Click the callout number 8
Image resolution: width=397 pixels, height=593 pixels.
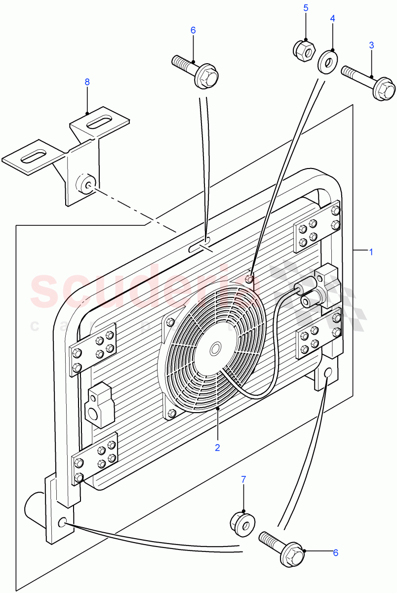coord(87,82)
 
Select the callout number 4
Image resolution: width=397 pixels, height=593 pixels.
coord(333,19)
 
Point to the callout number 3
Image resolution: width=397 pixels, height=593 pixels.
coord(371,45)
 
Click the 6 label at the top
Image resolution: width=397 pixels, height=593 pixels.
coord(193,30)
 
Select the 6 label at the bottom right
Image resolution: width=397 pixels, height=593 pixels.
coord(335,552)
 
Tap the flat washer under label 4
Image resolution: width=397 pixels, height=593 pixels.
coord(326,61)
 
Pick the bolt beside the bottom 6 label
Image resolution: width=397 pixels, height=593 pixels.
coord(281,547)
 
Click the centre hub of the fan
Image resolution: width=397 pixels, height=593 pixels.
coord(216,349)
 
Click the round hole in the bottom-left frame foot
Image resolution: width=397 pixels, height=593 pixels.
coord(63,523)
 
